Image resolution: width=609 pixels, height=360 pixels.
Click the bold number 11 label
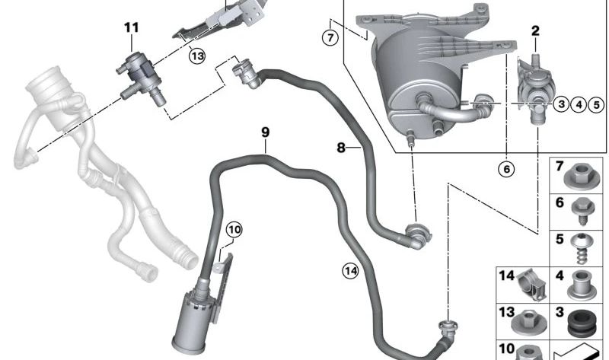[132, 28]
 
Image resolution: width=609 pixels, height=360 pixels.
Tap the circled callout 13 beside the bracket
[198, 56]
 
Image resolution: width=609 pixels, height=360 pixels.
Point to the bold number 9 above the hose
[266, 132]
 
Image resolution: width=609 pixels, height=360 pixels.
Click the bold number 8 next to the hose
[342, 146]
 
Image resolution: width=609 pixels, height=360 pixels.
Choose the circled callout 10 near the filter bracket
[234, 228]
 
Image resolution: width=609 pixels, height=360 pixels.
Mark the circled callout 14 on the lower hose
[349, 269]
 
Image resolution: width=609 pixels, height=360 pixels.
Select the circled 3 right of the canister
[561, 104]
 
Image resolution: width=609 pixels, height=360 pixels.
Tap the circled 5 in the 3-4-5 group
[595, 104]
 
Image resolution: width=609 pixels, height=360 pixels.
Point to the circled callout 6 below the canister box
[506, 168]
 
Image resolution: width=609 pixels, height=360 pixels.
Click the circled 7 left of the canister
[329, 37]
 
